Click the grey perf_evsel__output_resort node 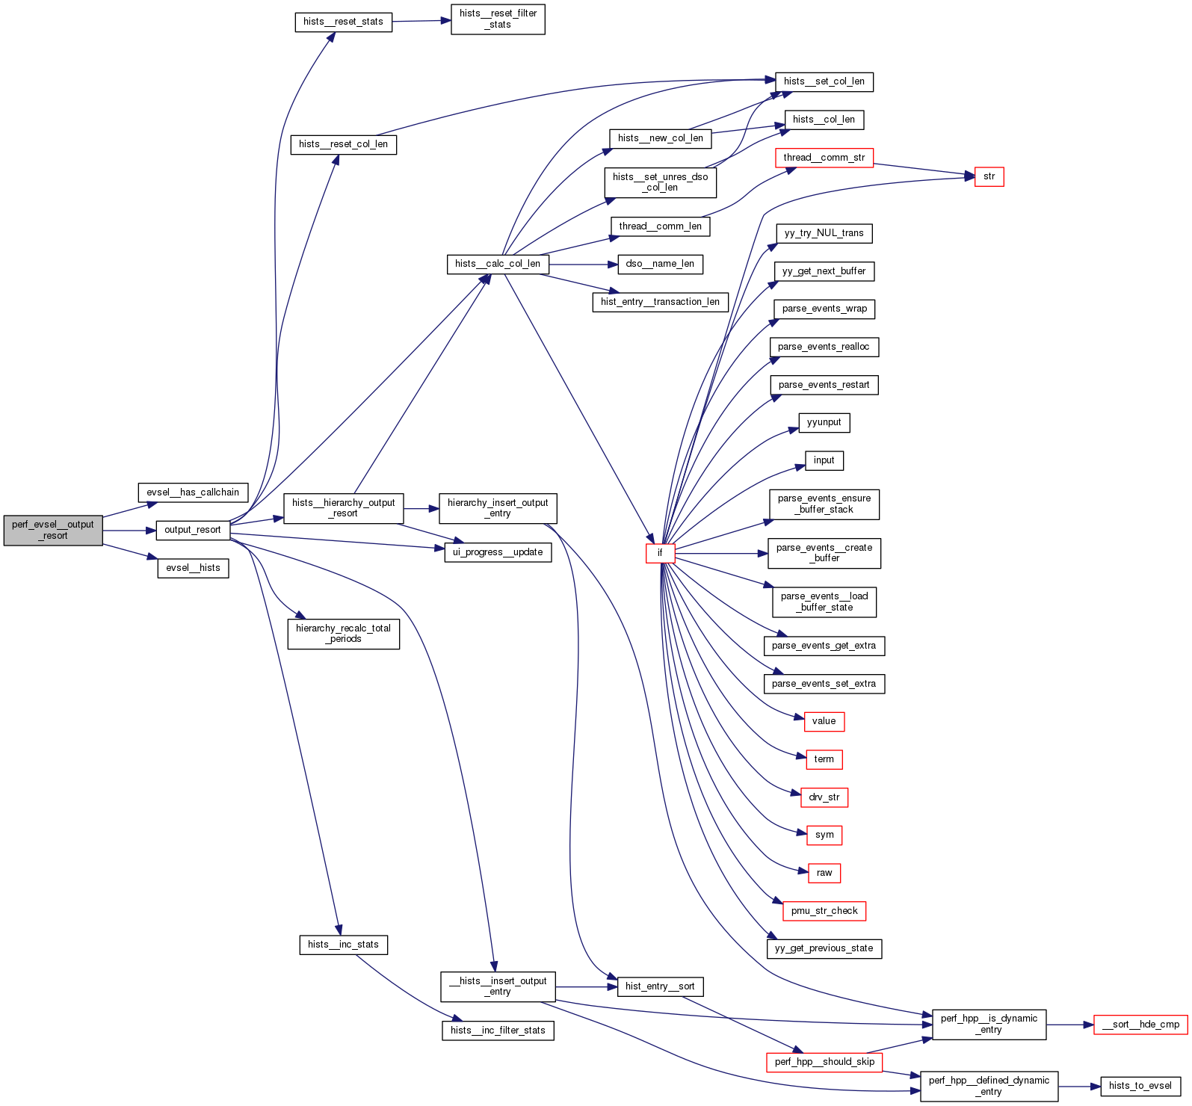click(x=53, y=530)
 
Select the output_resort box click(x=193, y=530)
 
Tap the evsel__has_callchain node click(x=193, y=492)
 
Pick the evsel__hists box click(x=193, y=568)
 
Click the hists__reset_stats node click(x=343, y=22)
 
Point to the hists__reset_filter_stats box click(x=498, y=19)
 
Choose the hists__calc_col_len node click(x=498, y=264)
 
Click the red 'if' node click(x=660, y=553)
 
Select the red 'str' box click(x=989, y=176)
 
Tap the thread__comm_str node click(x=824, y=158)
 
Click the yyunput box click(x=824, y=422)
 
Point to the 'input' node click(x=824, y=460)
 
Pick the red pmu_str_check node click(x=824, y=911)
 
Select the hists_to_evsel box click(x=1140, y=1086)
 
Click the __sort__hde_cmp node click(x=1140, y=1025)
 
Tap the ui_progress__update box click(x=498, y=552)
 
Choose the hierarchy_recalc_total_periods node click(x=343, y=634)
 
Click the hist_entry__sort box click(x=660, y=986)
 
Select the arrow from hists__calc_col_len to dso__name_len click(x=583, y=265)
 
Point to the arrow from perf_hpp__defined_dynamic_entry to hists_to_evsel click(x=1079, y=1087)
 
